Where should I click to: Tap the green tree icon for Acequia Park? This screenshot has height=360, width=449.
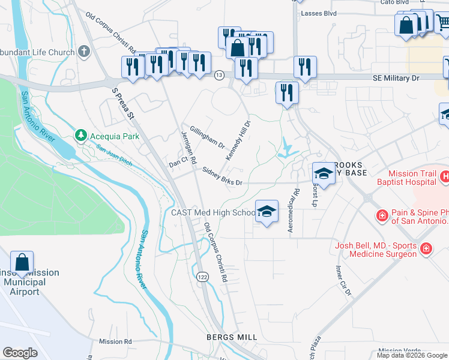coord(81,136)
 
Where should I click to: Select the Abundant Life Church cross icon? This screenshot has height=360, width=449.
coord(83,52)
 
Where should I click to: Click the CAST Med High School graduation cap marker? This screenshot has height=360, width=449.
coord(267,211)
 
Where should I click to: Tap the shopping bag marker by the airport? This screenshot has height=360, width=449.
coord(22,262)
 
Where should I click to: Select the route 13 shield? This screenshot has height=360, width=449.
coord(220,74)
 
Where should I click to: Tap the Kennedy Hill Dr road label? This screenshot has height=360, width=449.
coord(238,140)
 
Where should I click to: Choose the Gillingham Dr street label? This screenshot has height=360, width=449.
coord(207,137)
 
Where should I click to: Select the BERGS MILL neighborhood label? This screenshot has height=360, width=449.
coord(232,337)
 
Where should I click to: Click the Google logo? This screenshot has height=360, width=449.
coord(20,353)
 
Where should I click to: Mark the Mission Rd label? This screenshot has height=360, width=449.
coord(115,341)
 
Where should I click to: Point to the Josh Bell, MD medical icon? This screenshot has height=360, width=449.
coord(426,248)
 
